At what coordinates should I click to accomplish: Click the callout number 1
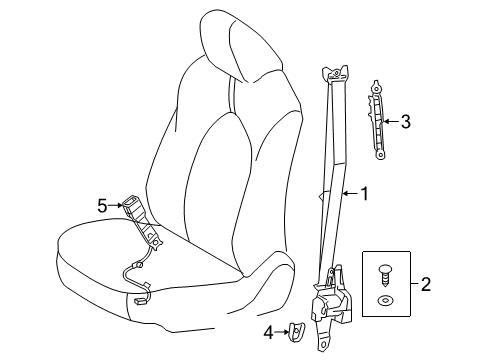(x=365, y=194)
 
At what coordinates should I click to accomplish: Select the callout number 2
(x=426, y=284)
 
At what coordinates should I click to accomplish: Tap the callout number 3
(x=405, y=121)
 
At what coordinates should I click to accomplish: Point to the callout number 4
(x=269, y=332)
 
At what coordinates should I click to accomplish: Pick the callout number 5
(x=102, y=206)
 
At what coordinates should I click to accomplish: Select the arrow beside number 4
(x=282, y=332)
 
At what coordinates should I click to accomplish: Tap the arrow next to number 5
(x=116, y=205)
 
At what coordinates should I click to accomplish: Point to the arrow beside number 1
(x=351, y=193)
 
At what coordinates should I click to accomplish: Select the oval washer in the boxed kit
(x=384, y=301)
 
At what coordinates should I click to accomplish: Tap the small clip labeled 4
(x=297, y=332)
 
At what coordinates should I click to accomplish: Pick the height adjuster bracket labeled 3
(x=377, y=120)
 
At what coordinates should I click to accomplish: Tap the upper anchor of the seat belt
(x=335, y=73)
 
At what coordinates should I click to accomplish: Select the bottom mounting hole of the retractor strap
(x=323, y=344)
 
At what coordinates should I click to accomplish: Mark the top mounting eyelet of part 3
(x=376, y=88)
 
